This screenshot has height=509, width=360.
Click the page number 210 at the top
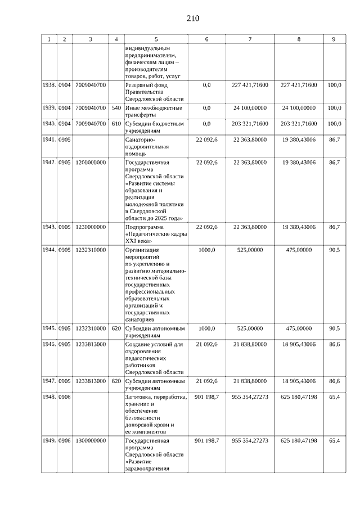(192, 19)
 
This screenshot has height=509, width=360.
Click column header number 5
(156, 39)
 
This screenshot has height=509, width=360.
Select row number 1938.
(49, 85)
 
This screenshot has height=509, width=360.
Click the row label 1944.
(49, 250)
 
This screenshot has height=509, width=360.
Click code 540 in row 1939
(116, 107)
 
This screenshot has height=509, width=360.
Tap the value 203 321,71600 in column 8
(299, 124)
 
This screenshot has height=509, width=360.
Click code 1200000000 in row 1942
(91, 163)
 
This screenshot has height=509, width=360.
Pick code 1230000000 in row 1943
(91, 227)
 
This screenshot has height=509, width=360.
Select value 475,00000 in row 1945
(299, 328)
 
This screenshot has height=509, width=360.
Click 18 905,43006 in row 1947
(299, 381)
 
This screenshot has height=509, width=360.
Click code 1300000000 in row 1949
(91, 440)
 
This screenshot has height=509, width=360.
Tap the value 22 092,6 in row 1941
(206, 140)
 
